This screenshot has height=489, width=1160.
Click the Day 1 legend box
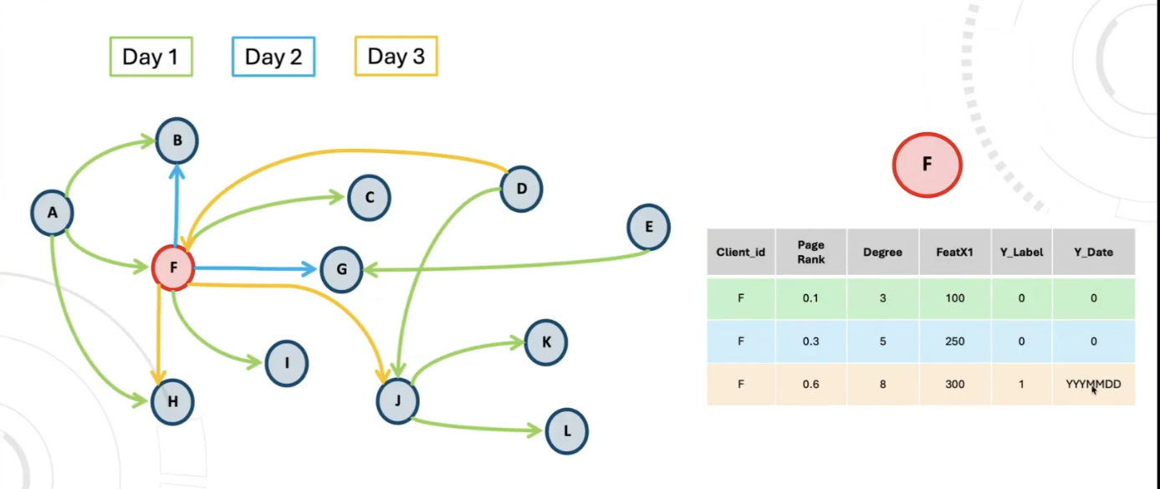(151, 57)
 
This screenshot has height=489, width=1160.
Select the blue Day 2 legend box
(273, 57)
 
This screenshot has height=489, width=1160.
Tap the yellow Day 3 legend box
(396, 56)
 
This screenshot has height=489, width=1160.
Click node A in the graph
(52, 212)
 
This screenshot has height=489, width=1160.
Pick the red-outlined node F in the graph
(173, 268)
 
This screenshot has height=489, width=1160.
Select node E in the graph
(648, 227)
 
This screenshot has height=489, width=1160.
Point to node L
(566, 431)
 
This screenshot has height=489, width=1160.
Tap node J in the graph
(397, 400)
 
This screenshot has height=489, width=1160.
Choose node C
(369, 198)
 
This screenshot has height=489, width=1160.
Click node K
(546, 341)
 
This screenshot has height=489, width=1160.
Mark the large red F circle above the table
(927, 165)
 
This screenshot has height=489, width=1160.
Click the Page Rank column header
(810, 252)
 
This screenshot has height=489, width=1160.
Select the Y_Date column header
(1093, 252)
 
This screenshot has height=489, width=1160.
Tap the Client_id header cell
(741, 252)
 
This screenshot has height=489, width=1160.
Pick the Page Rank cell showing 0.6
(810, 384)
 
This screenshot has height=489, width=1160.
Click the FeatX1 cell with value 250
(954, 341)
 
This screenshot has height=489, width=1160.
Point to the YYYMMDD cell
(1093, 384)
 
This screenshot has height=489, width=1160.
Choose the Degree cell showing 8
(883, 384)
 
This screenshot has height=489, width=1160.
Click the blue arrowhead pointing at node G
(310, 269)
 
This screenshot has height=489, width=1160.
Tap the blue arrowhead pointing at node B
(176, 171)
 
